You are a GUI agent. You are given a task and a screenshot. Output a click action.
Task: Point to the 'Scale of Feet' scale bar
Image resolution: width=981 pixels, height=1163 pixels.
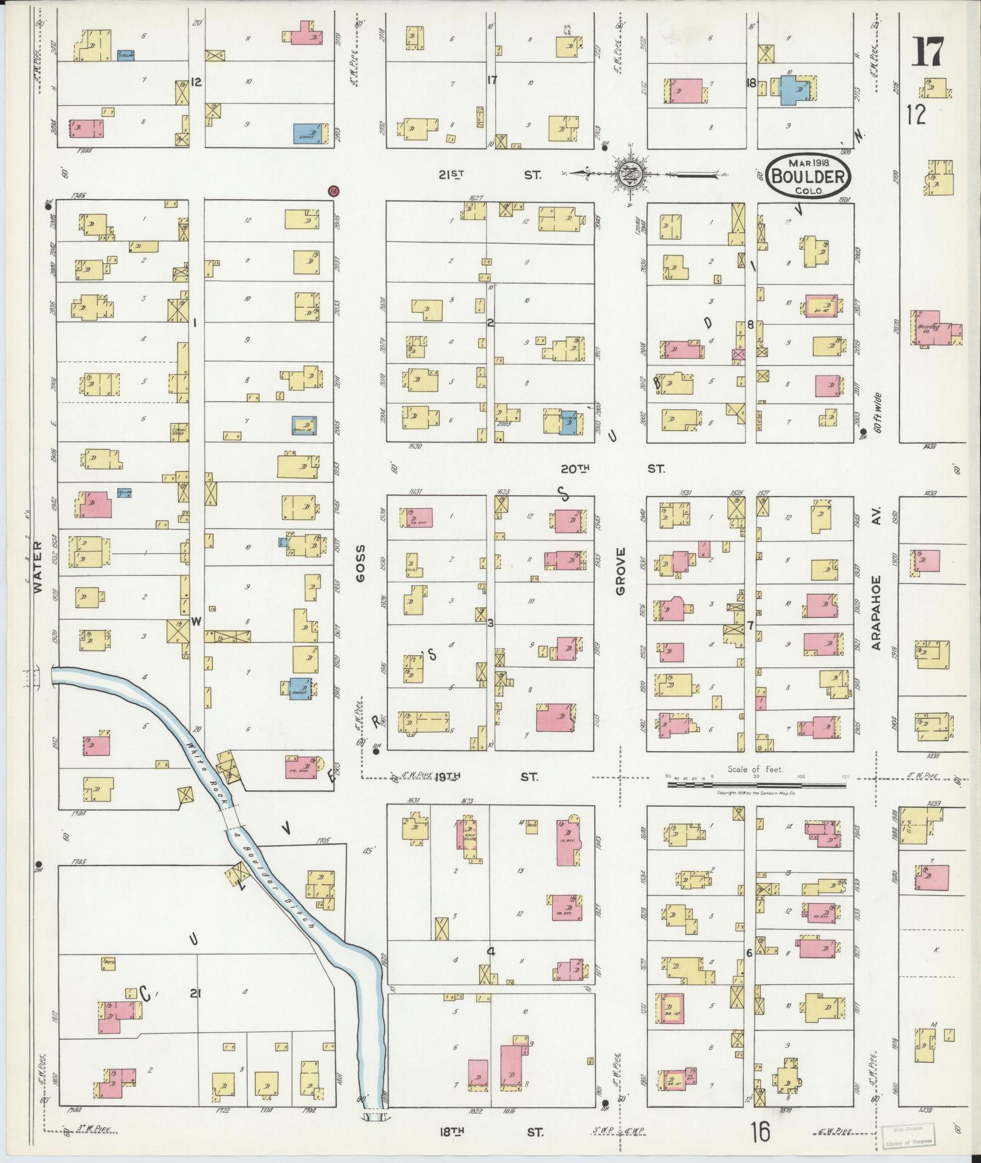tap(756, 785)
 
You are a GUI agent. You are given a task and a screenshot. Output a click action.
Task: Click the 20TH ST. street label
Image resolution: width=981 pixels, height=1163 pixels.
tap(612, 469)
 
